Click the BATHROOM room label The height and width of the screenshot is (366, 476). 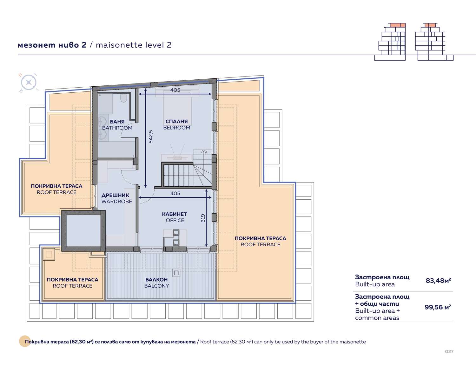tap(117, 125)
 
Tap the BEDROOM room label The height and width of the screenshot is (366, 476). tap(176, 124)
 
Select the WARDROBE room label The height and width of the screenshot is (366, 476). tap(116, 198)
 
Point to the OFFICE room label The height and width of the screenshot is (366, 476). tap(174, 217)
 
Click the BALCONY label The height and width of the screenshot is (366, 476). tap(156, 283)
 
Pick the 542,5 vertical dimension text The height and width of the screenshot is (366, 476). tap(151, 137)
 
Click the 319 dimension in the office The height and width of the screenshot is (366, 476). tap(203, 218)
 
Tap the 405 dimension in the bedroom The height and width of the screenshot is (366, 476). tap(175, 90)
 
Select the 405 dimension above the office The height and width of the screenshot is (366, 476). tap(175, 193)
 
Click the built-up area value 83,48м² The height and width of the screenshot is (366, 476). tap(438, 280)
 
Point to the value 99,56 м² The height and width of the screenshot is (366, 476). tap(438, 307)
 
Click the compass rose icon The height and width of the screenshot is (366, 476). tap(29, 83)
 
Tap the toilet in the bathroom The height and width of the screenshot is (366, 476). tap(123, 98)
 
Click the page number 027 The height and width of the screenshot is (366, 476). tap(449, 351)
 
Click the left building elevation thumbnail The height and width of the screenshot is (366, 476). tap(390, 42)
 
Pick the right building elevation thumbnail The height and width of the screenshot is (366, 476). tap(434, 42)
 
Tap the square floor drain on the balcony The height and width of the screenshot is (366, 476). tap(176, 273)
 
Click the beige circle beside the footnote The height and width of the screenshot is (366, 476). tap(25, 341)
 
